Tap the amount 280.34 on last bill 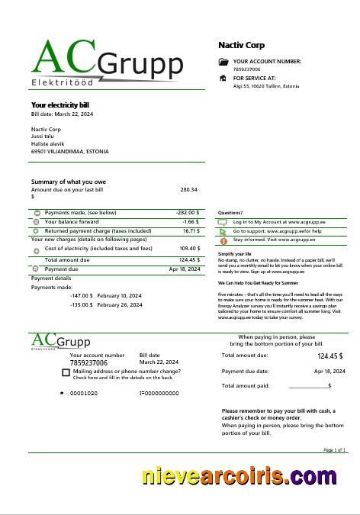[x=188, y=189]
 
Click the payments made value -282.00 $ [x=188, y=213]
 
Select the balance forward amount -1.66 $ [x=191, y=221]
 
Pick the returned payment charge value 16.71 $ [x=191, y=230]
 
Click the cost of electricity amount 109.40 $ [x=189, y=248]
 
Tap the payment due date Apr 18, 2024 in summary [x=185, y=269]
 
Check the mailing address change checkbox [x=66, y=372]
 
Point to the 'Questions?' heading [x=230, y=213]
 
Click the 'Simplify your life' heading [x=235, y=253]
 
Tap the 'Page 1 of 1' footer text [x=335, y=450]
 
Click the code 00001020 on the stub [x=84, y=393]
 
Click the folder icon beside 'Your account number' [x=223, y=61]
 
